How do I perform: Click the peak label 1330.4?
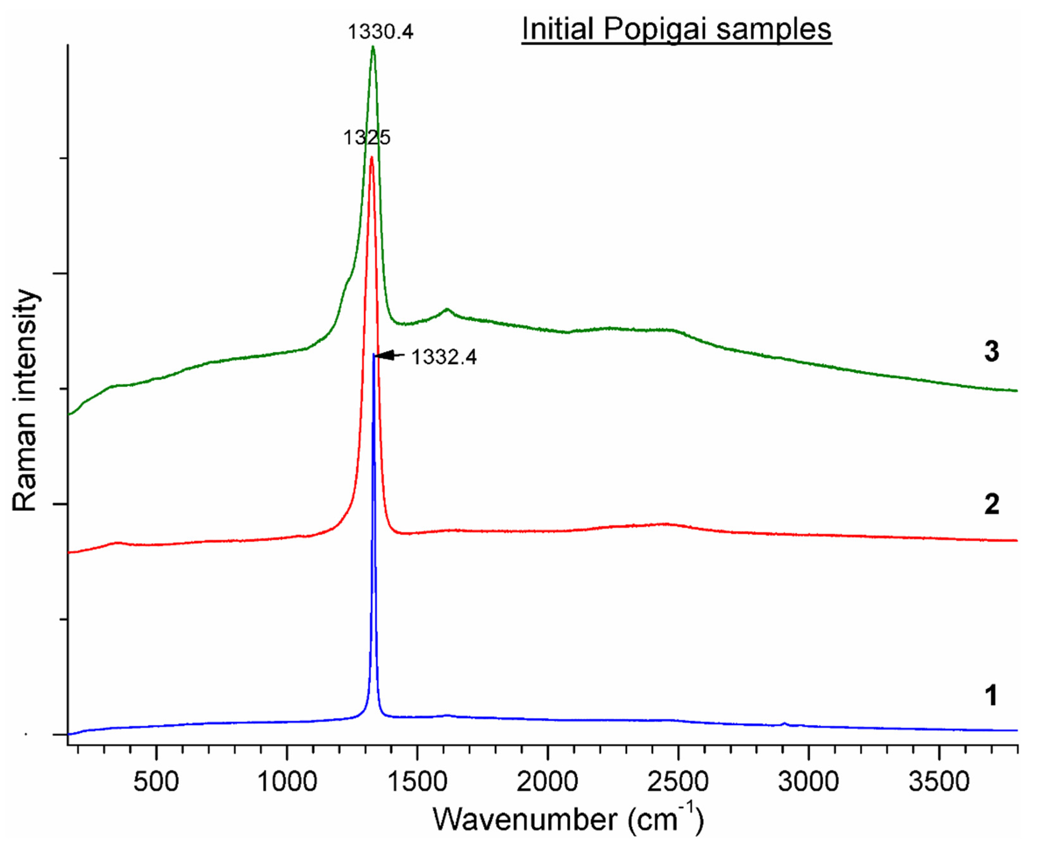click(380, 32)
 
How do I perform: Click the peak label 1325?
click(367, 137)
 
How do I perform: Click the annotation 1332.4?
click(444, 357)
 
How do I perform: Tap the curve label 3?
click(991, 351)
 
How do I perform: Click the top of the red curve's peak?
click(371, 157)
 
